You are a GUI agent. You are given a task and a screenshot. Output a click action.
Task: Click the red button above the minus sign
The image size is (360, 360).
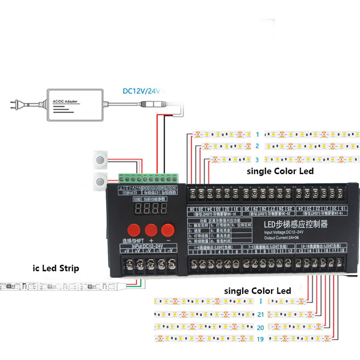(167, 230)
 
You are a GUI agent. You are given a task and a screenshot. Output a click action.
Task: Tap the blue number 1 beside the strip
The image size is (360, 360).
(257, 135)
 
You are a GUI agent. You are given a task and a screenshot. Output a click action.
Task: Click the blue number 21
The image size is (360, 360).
(261, 315)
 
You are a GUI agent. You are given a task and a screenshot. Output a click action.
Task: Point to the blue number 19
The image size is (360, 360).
(261, 339)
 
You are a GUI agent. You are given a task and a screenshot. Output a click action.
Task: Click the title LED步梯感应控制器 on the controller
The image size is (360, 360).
(296, 225)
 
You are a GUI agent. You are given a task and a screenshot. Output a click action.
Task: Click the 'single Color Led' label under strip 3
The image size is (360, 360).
(280, 171)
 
